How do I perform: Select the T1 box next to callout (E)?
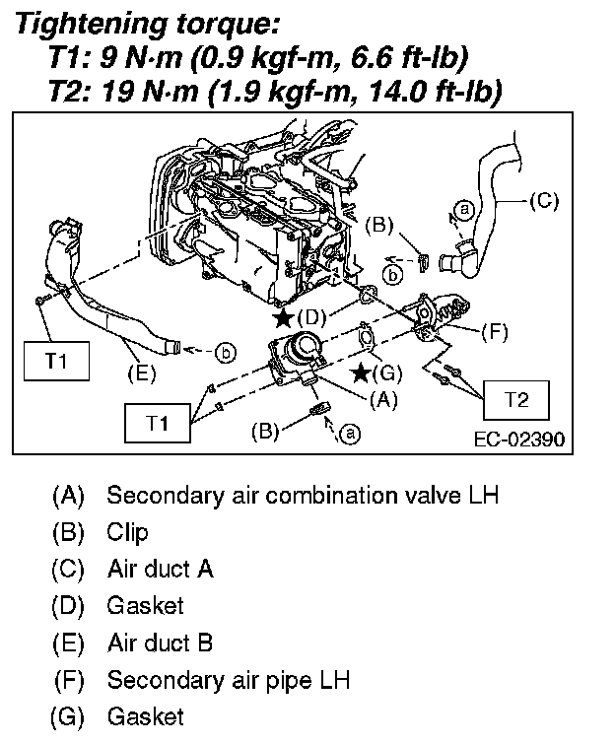coord(56,361)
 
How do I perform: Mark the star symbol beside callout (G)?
coord(362,372)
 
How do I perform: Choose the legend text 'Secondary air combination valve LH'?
coord(303,494)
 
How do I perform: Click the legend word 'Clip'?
coord(127,532)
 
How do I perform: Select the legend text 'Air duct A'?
coord(160,569)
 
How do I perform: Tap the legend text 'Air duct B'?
coord(160,643)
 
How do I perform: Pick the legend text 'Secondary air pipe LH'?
coord(229,680)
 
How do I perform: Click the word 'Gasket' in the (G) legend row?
coord(145,716)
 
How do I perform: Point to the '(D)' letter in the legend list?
coord(69,606)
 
